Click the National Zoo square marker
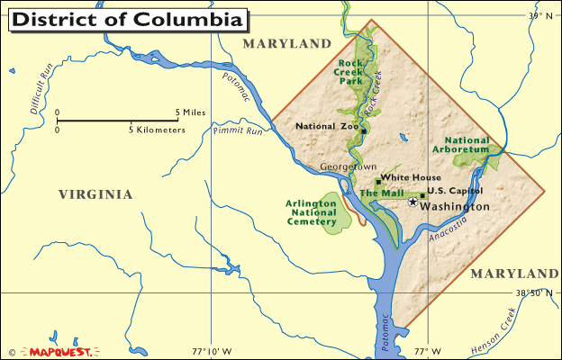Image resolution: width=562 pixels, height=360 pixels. [x=364, y=128]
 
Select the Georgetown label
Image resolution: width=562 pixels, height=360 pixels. [x=349, y=166]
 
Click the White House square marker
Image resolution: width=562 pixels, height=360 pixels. [x=378, y=183]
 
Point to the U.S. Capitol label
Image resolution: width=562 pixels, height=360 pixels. [x=455, y=191]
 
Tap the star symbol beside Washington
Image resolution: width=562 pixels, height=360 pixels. [x=413, y=202]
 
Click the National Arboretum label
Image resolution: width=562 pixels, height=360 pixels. [x=467, y=146]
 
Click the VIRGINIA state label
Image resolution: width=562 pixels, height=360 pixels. [x=95, y=194]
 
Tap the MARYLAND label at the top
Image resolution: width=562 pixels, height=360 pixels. [x=287, y=43]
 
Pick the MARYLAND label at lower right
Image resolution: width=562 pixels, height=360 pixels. [x=514, y=273]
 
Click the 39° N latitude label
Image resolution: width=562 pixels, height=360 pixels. [x=539, y=15]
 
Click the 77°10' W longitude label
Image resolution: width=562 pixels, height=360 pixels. [x=212, y=350]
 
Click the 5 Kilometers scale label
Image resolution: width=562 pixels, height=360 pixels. [x=159, y=130]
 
